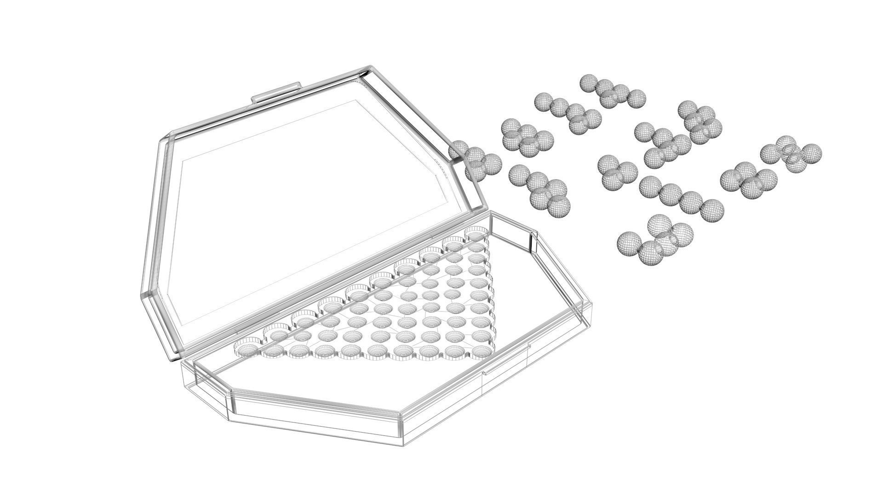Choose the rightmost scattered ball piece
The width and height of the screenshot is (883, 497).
click(791, 155)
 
